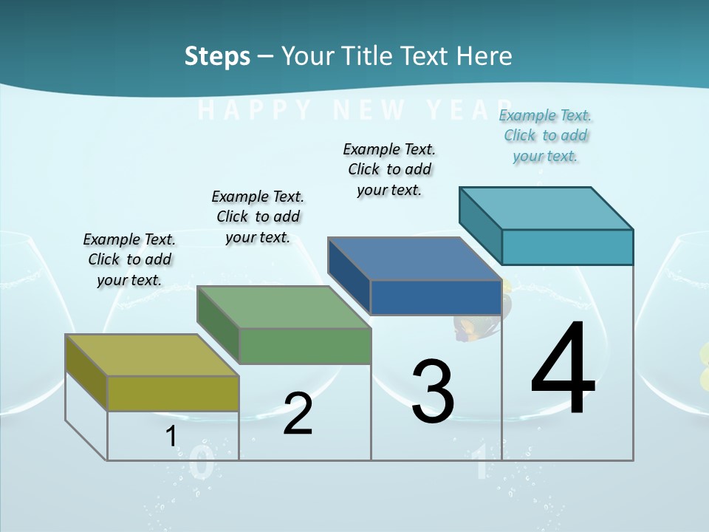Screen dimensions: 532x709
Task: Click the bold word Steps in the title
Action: tap(217, 56)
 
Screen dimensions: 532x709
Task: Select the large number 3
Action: tap(433, 391)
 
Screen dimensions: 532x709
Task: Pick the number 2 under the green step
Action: tap(298, 414)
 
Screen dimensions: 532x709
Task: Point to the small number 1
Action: tap(171, 436)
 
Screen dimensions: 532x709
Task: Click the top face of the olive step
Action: tap(152, 355)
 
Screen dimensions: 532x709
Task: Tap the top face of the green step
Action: tap(284, 307)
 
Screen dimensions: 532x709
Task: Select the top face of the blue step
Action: tap(415, 259)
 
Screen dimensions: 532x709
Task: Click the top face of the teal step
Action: tap(547, 208)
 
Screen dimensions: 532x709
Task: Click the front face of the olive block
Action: tap(173, 393)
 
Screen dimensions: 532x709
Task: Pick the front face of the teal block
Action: tap(567, 247)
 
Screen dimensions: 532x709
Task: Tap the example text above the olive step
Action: tap(129, 259)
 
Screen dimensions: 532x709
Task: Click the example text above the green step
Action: tap(258, 216)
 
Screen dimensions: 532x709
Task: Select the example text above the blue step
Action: tap(389, 169)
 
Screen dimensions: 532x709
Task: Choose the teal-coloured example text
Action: tap(546, 135)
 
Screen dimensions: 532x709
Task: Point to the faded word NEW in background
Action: tap(369, 110)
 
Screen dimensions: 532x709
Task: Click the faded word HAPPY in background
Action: tap(256, 110)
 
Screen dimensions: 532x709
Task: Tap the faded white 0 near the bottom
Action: tap(202, 463)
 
